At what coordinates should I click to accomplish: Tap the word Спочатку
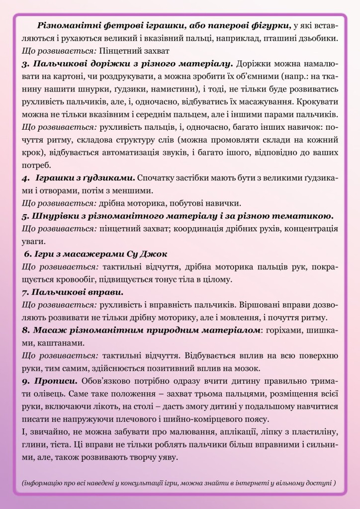point(157,177)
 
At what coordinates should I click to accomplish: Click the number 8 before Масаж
point(26,330)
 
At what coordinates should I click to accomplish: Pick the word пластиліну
point(315,431)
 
